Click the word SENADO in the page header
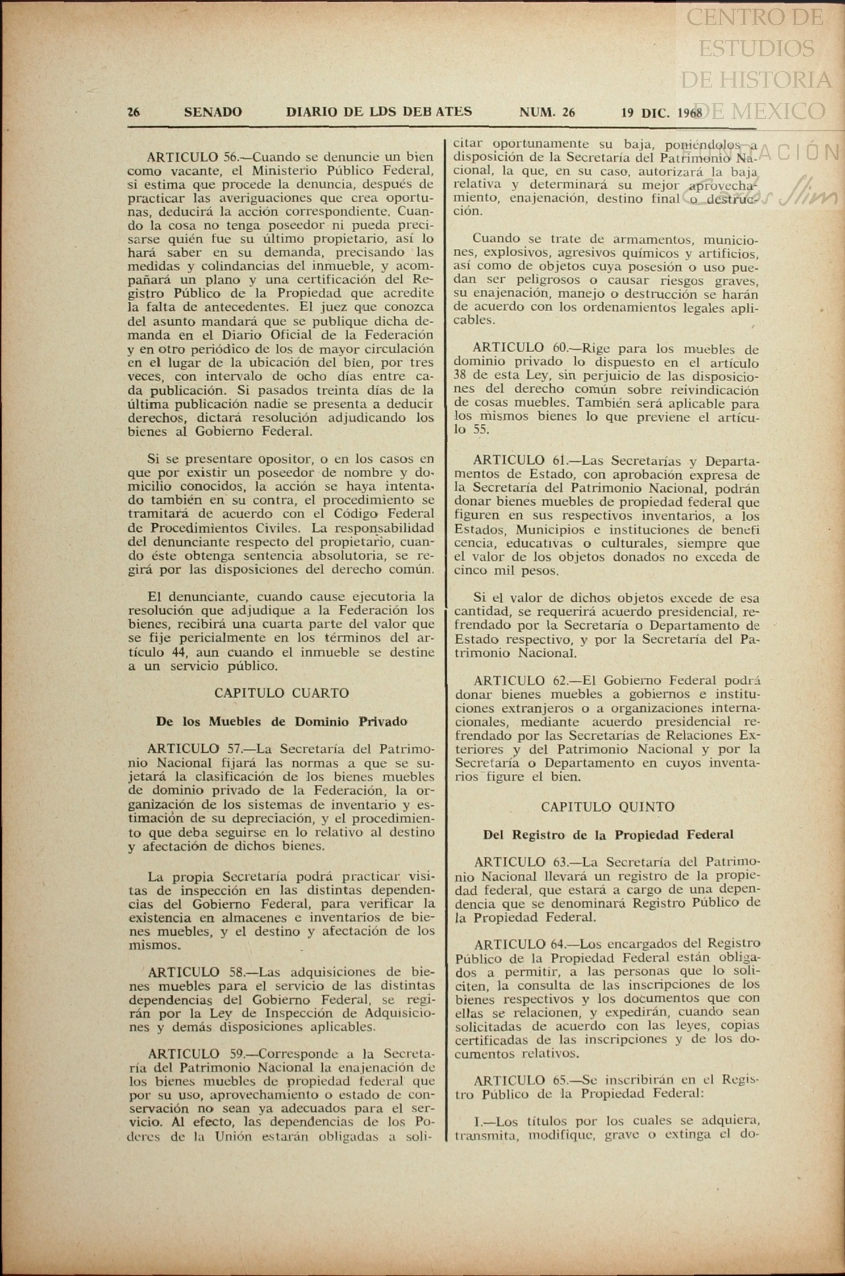(213, 112)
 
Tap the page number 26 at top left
(134, 112)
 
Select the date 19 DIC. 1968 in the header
(661, 112)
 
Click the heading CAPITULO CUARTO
(281, 694)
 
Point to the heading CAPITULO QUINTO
(607, 807)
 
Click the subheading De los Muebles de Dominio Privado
(281, 722)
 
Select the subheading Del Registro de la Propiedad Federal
(608, 835)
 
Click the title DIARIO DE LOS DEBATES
(378, 112)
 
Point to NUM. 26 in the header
(547, 112)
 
